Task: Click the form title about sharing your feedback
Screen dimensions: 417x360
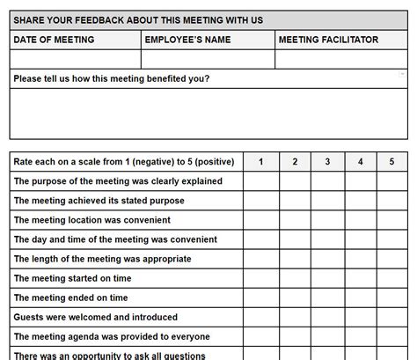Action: pyautogui.click(x=150, y=20)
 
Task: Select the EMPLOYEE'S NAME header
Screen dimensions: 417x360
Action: pyautogui.click(x=187, y=40)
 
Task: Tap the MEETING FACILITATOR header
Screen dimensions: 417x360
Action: pyautogui.click(x=327, y=40)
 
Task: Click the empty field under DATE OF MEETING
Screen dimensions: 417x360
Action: pyautogui.click(x=75, y=59)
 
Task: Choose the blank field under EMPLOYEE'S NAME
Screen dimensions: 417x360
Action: pyautogui.click(x=208, y=59)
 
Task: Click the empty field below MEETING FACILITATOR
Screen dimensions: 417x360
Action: pyautogui.click(x=341, y=59)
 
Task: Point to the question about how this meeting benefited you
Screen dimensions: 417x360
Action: pyautogui.click(x=111, y=78)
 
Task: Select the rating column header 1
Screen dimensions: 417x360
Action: pyautogui.click(x=261, y=162)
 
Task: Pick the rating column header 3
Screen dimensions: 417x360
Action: pyautogui.click(x=327, y=162)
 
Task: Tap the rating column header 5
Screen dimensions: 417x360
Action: pyautogui.click(x=391, y=162)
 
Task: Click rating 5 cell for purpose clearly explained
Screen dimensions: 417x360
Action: pyautogui.click(x=391, y=181)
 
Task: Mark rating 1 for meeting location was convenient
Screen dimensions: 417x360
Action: pyautogui.click(x=261, y=220)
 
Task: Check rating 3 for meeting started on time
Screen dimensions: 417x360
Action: pyautogui.click(x=327, y=278)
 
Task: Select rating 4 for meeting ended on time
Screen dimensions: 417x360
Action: pyautogui.click(x=360, y=298)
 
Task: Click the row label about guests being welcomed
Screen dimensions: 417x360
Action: pyautogui.click(x=95, y=317)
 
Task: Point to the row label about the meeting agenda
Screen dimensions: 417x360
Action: pyautogui.click(x=111, y=336)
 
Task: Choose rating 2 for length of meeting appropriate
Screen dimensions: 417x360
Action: pyautogui.click(x=295, y=259)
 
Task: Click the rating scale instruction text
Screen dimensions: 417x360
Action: pyautogui.click(x=123, y=162)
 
